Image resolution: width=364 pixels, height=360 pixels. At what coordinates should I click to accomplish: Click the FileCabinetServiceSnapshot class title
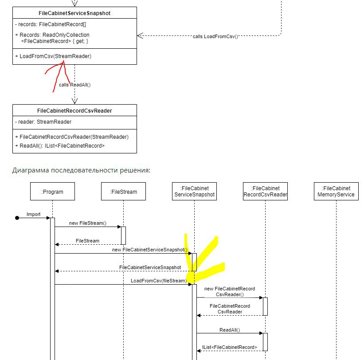click(74, 13)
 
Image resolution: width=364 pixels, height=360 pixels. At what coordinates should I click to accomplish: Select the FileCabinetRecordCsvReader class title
click(74, 111)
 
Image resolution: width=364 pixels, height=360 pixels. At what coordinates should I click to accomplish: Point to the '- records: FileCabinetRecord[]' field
click(51, 24)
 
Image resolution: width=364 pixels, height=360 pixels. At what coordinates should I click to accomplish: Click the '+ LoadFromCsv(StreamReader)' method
click(53, 56)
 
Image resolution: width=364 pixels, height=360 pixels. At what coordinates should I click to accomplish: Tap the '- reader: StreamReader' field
click(43, 122)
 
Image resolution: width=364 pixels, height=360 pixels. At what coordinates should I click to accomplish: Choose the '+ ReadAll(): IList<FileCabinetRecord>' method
click(60, 146)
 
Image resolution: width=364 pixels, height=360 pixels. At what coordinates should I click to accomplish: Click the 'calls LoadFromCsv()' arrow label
click(215, 36)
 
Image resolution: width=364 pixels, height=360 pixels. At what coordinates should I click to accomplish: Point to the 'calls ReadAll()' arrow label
click(75, 85)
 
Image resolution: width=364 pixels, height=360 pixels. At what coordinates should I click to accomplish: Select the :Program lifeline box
click(52, 191)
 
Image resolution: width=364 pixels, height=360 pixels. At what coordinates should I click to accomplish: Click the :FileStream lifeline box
click(124, 191)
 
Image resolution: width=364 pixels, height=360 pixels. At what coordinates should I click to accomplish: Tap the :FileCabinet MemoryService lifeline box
click(336, 191)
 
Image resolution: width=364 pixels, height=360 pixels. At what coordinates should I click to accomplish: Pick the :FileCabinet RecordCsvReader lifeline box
click(265, 191)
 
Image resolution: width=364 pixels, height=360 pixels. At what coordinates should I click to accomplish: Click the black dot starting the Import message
click(17, 218)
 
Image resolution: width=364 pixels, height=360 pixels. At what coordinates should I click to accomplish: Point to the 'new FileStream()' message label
click(88, 223)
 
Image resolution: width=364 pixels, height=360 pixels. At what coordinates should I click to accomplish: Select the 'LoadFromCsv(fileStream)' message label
click(159, 281)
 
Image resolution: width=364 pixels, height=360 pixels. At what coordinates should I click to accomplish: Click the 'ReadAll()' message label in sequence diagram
click(230, 330)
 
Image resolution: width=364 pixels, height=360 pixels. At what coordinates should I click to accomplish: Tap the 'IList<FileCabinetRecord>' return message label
click(230, 347)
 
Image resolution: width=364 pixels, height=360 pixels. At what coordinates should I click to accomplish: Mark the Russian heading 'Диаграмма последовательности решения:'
click(81, 170)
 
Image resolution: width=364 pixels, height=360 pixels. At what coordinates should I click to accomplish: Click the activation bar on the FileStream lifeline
click(124, 235)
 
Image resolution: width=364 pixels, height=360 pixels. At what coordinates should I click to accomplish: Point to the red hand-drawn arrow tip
click(63, 61)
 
